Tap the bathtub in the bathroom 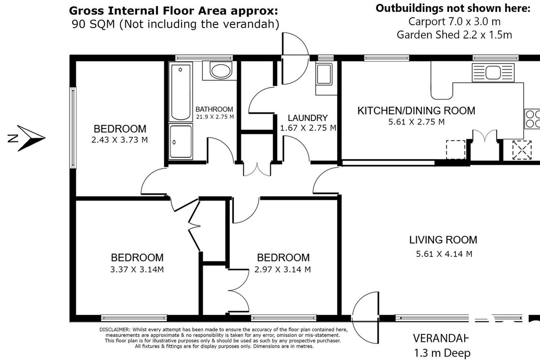click(181, 92)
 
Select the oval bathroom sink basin click(221, 71)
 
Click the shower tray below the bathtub click(181, 141)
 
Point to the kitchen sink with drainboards click(493, 72)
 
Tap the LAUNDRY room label click(308, 118)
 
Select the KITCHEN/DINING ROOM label click(416, 111)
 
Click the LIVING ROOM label click(443, 240)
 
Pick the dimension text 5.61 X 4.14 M click(444, 254)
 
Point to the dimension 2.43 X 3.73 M click(120, 140)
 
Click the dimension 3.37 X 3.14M click(137, 270)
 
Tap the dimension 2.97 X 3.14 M click(282, 270)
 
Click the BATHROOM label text click(214, 109)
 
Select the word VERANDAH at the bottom click(441, 338)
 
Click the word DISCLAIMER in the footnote click(115, 329)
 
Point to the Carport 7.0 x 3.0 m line click(455, 22)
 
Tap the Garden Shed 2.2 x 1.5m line click(455, 35)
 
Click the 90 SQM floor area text click(93, 24)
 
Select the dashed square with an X click(522, 150)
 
